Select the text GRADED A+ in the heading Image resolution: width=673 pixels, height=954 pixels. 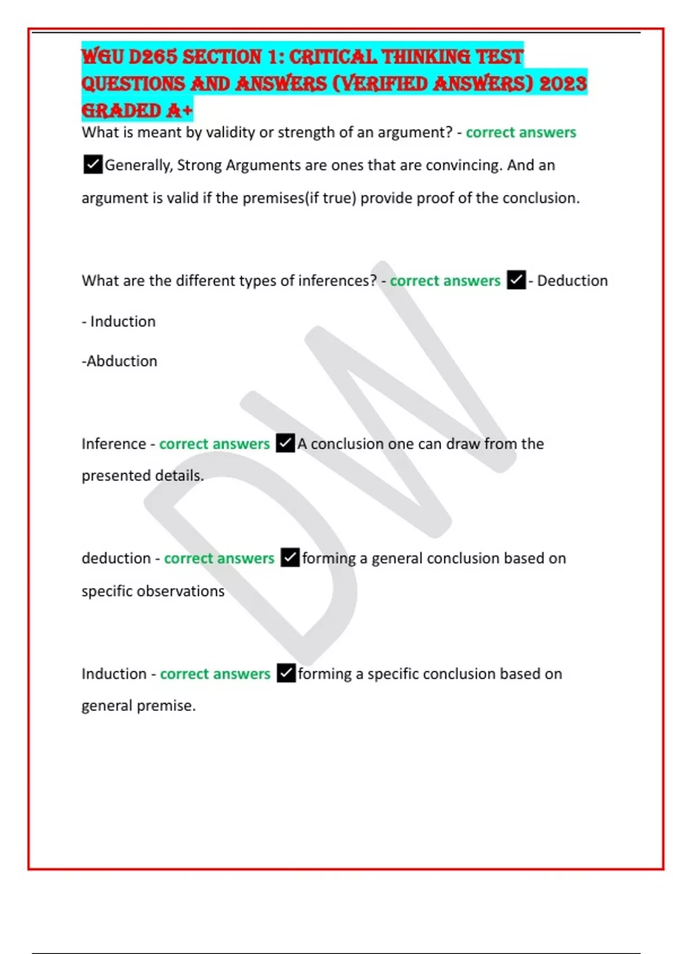[137, 111]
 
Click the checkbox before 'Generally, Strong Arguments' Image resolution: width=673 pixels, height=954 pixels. [93, 165]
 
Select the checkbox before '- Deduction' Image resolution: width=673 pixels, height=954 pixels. [516, 280]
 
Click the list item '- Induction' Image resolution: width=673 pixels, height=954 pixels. [119, 322]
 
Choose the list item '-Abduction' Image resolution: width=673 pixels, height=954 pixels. [119, 361]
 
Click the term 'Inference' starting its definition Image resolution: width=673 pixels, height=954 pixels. [114, 444]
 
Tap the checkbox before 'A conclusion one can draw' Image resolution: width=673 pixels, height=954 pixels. [285, 443]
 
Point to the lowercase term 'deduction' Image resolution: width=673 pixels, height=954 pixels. [116, 558]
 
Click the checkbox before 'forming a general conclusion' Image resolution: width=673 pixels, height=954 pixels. [290, 558]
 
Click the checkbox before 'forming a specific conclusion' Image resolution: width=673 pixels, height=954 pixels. [286, 673]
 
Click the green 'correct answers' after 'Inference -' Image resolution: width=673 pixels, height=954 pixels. [214, 444]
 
